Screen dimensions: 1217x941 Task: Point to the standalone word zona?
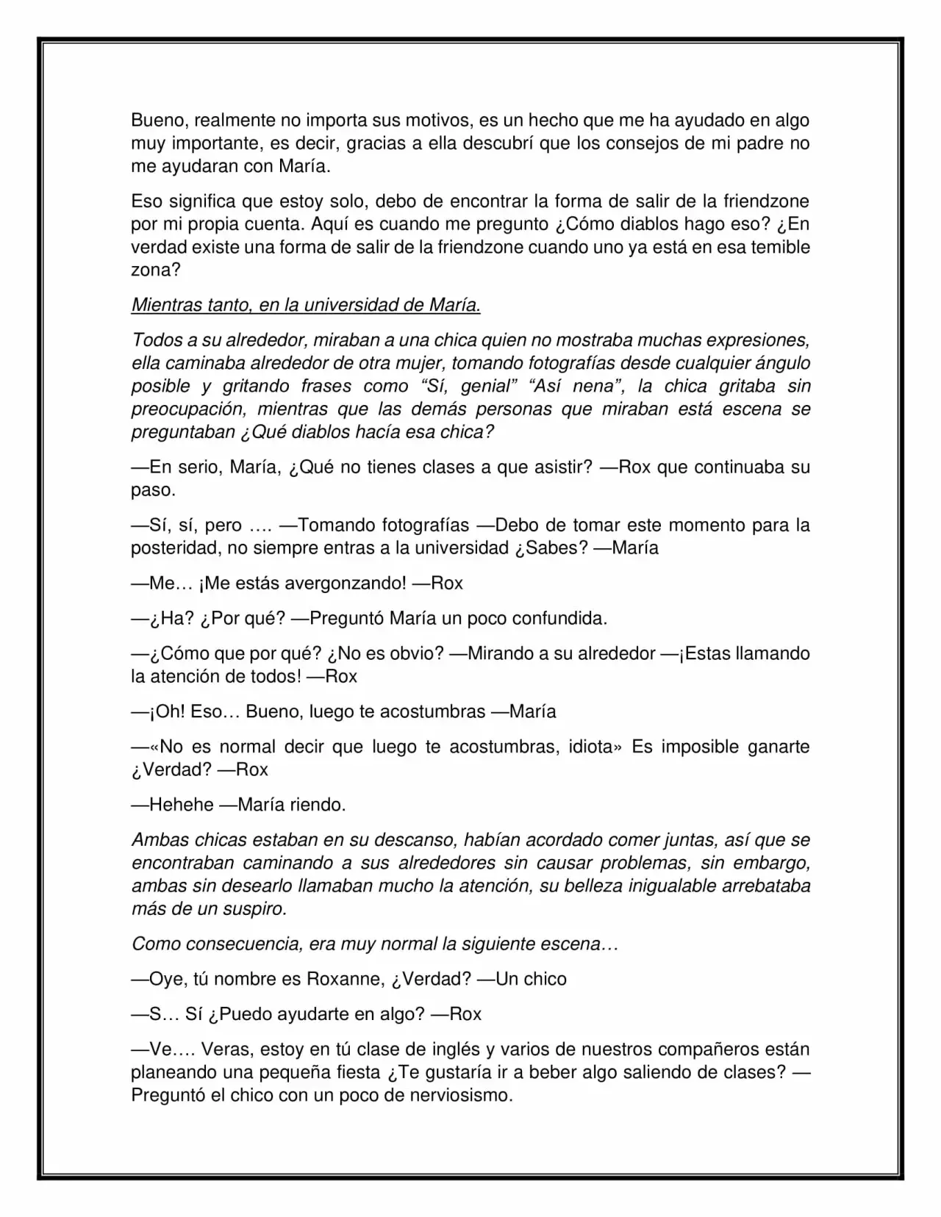156,270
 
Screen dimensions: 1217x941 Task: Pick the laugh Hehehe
181,805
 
